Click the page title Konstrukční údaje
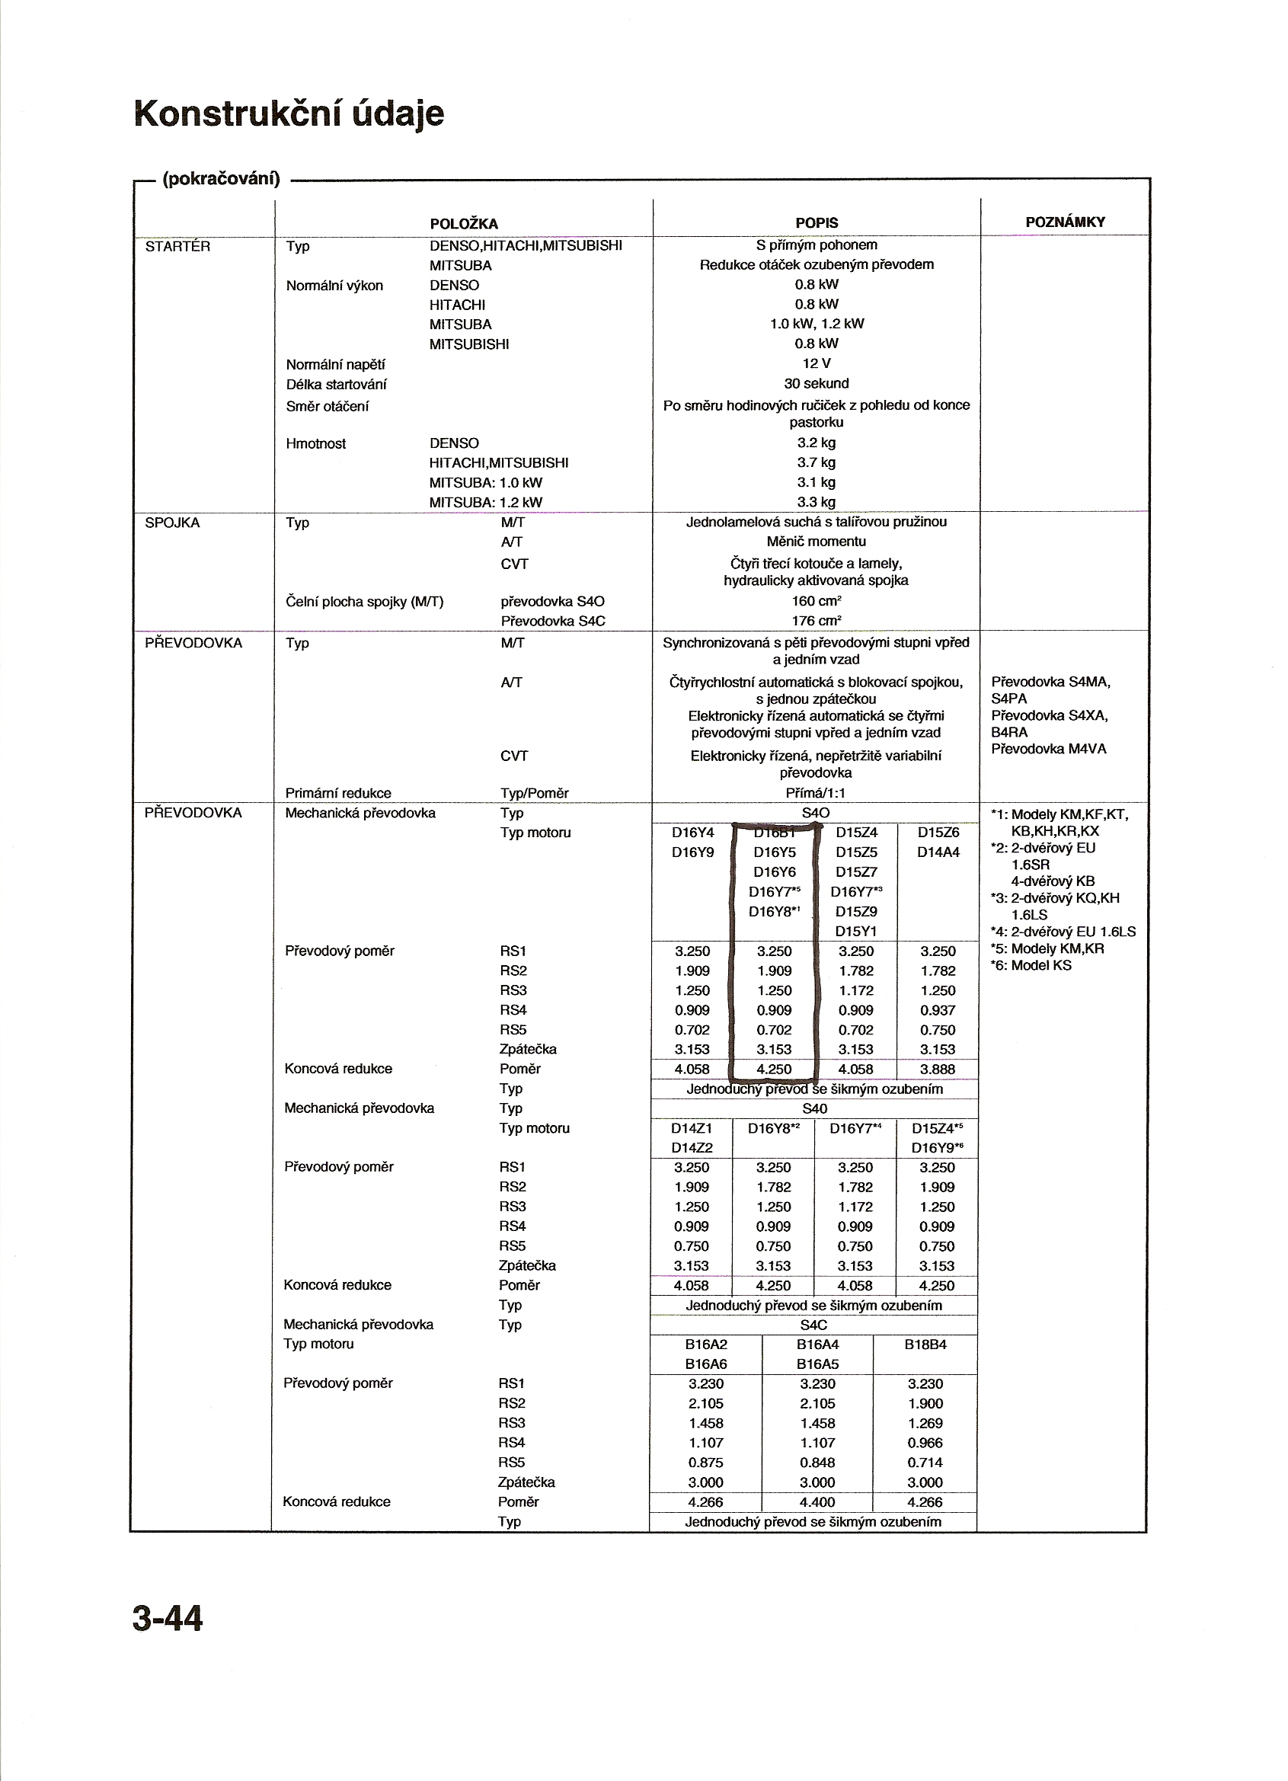(289, 114)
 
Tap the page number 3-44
(168, 1620)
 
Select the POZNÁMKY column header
(1065, 222)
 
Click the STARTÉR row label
(177, 247)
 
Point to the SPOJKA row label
(172, 523)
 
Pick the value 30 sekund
(816, 384)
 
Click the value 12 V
(816, 363)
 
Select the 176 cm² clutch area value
(816, 621)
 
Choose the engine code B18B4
(925, 1345)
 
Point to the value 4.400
(817, 1502)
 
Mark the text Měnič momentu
(816, 542)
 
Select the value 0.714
(925, 1462)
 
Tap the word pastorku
(816, 423)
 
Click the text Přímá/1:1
(816, 794)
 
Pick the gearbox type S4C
(813, 1325)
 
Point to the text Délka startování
(336, 385)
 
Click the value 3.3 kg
(816, 503)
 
